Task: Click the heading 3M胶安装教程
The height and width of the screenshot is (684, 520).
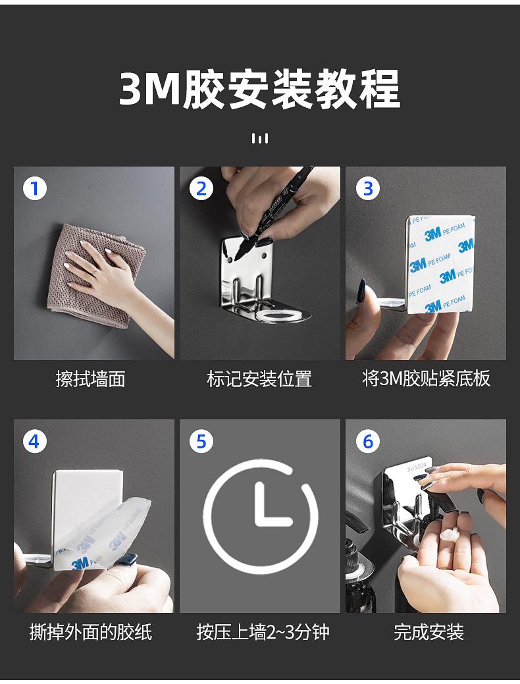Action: (259, 90)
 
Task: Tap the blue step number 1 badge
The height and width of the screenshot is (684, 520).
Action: (34, 188)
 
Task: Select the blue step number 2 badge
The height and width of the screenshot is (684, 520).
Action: (201, 188)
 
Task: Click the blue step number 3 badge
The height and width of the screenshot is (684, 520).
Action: (368, 188)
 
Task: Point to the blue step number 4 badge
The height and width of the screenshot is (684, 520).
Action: (34, 442)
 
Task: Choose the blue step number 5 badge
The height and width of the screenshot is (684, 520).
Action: (201, 442)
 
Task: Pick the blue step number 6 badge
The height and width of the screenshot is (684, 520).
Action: (368, 442)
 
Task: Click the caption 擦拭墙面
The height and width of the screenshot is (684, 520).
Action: (90, 379)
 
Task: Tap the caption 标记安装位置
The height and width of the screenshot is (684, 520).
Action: (259, 379)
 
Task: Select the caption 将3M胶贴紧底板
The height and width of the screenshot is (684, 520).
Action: (427, 379)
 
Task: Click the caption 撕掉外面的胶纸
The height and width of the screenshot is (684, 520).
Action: (90, 631)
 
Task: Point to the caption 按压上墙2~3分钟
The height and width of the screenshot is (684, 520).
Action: (263, 631)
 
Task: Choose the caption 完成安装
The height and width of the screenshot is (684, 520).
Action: (429, 631)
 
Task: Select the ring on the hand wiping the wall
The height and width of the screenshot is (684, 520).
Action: (93, 271)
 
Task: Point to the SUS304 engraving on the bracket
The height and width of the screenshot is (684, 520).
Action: (417, 467)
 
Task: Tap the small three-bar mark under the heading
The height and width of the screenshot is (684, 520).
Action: (260, 138)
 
